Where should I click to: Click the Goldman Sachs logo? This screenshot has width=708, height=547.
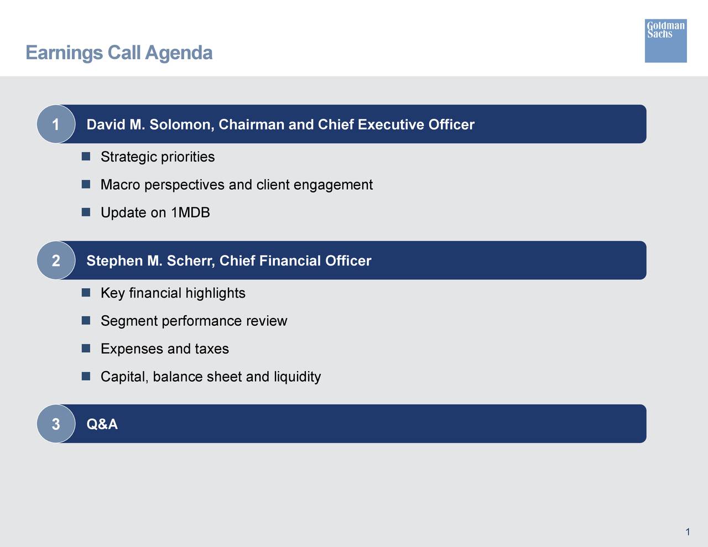(665, 41)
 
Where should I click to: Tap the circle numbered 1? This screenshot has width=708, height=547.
(56, 124)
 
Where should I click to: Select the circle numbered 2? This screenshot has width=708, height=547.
(56, 261)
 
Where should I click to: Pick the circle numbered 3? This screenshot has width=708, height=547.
(56, 424)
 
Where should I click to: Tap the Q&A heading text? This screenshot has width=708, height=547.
(102, 424)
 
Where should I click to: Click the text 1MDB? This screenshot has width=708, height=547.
(190, 213)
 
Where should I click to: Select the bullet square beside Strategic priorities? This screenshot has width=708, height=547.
(86, 157)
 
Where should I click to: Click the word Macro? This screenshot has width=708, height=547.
(120, 185)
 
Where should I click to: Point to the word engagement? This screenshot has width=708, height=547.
(333, 185)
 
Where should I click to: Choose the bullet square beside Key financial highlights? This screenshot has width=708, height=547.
(86, 293)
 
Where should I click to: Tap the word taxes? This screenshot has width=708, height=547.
(211, 349)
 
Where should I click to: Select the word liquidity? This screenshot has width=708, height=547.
(297, 377)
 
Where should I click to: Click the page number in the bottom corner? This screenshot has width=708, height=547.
(688, 532)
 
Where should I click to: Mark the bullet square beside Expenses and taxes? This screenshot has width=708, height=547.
(86, 348)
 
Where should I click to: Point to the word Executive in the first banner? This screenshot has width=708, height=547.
(391, 124)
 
